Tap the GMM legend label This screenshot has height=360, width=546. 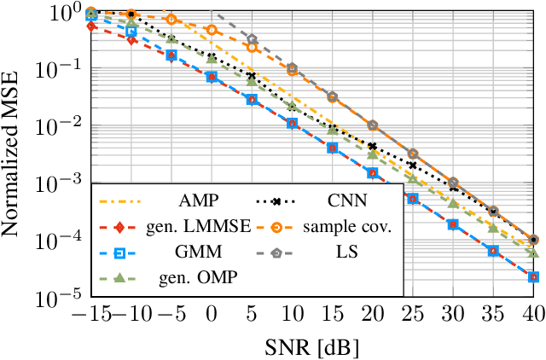click(199, 253)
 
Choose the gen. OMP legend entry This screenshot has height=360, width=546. click(198, 277)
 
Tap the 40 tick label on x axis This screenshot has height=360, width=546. click(533, 315)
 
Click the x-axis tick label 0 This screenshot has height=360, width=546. click(212, 315)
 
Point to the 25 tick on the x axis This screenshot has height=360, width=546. click(413, 315)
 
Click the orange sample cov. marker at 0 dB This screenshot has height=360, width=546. click(212, 31)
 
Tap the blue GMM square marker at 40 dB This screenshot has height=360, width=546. click(533, 276)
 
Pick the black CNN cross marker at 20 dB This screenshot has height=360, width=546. click(373, 147)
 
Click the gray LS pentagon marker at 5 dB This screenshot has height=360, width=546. click(252, 39)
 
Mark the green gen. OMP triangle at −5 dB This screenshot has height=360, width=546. click(171, 39)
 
